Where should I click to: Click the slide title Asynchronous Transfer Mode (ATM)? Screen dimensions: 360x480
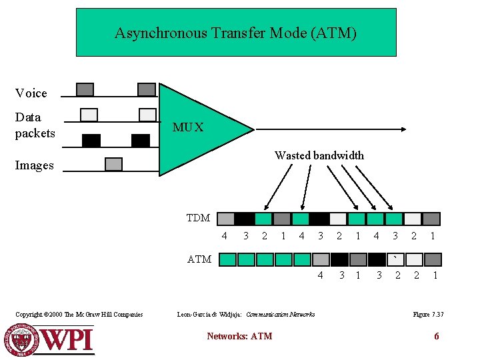coord(235,33)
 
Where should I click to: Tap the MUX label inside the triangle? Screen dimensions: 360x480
coord(188,127)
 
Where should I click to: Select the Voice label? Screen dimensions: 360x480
coord(31,93)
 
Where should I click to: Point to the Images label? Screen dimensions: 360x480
coord(34,165)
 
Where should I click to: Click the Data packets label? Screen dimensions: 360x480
coord(35,125)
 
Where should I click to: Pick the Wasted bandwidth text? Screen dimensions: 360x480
coord(319,155)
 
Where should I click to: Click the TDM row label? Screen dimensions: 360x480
coord(198,218)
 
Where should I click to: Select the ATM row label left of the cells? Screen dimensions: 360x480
coord(199,259)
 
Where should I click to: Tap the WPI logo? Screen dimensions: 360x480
coord(50,339)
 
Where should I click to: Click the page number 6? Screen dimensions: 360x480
coord(437,336)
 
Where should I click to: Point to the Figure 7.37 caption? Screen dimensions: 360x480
coord(428,314)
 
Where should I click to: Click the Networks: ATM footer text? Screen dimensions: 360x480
coord(239,336)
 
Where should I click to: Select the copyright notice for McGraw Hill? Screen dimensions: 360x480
coord(79,314)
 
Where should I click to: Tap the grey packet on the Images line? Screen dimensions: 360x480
coord(114,163)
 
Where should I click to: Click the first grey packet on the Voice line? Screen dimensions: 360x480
coord(85,89)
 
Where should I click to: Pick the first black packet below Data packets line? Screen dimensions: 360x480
coord(91,140)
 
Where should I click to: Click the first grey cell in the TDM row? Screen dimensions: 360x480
coord(227,219)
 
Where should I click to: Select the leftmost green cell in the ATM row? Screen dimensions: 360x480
coord(228,259)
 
